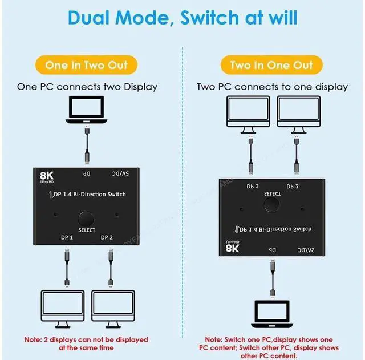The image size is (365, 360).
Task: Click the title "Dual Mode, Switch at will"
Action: click(182, 17)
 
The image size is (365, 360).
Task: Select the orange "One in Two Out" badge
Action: click(90, 65)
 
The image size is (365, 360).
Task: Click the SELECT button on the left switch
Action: click(86, 219)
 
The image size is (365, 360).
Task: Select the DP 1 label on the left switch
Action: click(67, 237)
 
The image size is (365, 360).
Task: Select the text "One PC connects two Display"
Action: click(87, 87)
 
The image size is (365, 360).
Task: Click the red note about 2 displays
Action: click(86, 343)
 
